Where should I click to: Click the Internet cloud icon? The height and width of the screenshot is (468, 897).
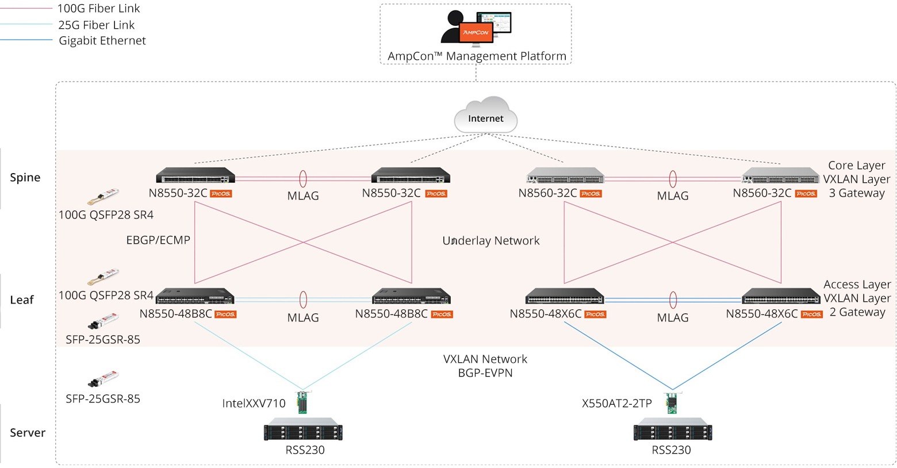[x=486, y=116]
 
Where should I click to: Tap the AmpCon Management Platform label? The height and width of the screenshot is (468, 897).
[x=477, y=56]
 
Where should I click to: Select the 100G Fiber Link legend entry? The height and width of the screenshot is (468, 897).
[x=98, y=9]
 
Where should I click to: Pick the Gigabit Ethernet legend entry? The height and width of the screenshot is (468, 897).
[x=102, y=41]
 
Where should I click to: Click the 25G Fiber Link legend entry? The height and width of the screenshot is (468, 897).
[x=96, y=25]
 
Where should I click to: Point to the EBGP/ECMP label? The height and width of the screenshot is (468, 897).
[x=158, y=240]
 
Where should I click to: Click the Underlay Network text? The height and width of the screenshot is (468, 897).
[x=491, y=241]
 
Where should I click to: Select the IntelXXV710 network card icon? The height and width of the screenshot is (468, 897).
[x=302, y=402]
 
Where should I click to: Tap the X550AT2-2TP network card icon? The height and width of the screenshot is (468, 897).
[x=671, y=402]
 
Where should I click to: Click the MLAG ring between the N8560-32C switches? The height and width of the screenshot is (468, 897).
[x=673, y=179]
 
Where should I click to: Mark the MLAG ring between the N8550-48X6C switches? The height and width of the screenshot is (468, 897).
[x=673, y=300]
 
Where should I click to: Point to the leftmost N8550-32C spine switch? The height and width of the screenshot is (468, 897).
[x=195, y=175]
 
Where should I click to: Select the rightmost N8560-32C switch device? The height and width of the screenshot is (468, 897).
[x=780, y=175]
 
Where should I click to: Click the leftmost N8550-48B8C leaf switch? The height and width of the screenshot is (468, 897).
[x=195, y=296]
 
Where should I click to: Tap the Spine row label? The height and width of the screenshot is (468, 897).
[x=25, y=178]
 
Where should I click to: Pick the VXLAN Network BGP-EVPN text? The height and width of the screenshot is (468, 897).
[x=485, y=366]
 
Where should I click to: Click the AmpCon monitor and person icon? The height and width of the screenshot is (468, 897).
[x=476, y=27]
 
